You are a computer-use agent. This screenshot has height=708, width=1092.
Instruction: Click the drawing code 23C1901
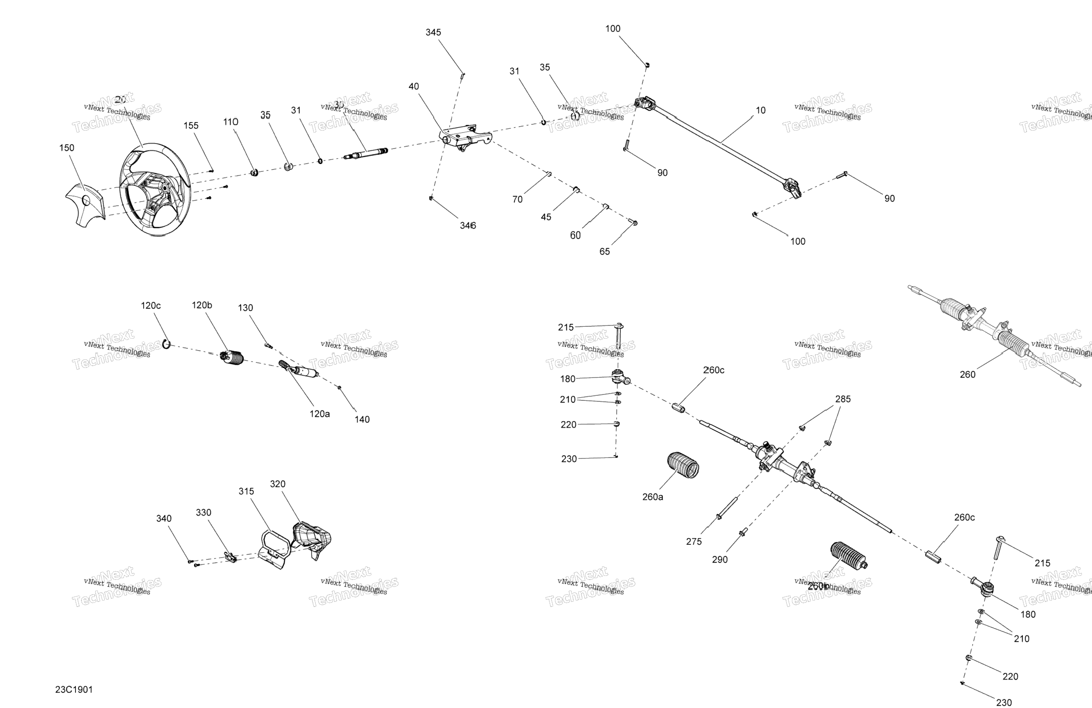74,689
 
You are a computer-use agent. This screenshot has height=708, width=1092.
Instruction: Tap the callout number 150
66,148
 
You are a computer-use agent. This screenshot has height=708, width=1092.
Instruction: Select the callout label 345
433,32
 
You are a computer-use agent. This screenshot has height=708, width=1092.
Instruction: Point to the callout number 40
414,86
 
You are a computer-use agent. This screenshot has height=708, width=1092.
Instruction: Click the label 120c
151,305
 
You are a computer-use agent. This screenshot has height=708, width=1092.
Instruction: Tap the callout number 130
245,308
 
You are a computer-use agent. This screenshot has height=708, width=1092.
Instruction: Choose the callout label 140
362,419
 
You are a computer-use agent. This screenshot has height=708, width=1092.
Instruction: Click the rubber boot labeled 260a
683,465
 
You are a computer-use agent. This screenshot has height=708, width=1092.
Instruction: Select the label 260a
652,497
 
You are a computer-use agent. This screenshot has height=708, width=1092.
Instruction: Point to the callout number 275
694,542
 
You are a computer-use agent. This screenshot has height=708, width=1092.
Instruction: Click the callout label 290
720,559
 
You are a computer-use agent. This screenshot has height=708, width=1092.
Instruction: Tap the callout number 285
843,399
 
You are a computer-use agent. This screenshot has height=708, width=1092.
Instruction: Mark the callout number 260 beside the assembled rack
968,374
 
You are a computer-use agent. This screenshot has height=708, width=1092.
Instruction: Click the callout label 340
164,518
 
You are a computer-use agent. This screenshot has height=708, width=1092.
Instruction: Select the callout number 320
278,484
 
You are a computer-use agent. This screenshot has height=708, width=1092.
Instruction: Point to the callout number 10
761,110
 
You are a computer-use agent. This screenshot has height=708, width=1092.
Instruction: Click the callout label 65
605,251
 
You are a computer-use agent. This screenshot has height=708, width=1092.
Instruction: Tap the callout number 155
191,126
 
